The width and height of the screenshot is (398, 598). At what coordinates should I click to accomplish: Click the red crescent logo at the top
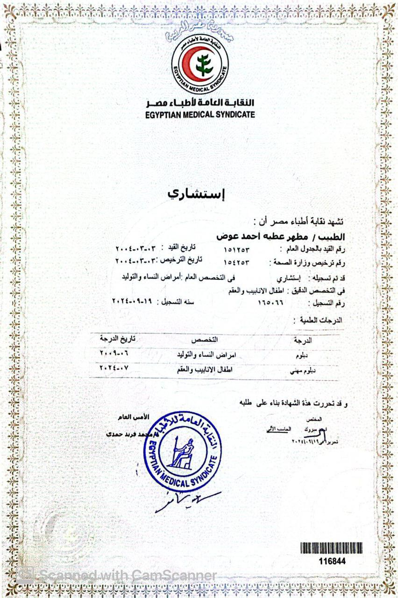click(x=200, y=64)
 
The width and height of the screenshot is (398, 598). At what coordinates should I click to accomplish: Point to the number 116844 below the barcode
click(x=333, y=561)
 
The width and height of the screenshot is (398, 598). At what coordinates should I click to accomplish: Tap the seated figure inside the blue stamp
click(x=181, y=453)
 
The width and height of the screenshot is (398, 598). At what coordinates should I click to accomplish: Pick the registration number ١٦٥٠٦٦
click(x=271, y=303)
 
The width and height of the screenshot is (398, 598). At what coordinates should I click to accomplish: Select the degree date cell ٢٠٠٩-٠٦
click(x=114, y=354)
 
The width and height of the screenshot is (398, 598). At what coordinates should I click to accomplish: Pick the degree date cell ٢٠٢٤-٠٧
click(x=114, y=368)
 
